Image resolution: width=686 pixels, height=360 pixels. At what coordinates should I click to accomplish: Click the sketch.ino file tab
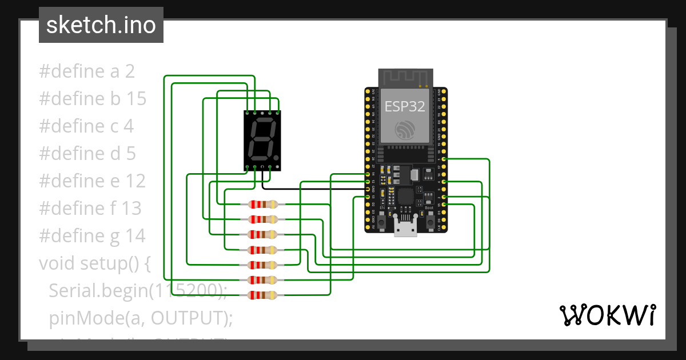pos(101,25)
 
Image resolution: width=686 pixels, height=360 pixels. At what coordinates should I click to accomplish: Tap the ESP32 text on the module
pos(405,106)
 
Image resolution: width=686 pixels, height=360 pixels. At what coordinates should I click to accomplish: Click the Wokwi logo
pos(607,315)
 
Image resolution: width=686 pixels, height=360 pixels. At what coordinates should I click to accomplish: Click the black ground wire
pos(309,189)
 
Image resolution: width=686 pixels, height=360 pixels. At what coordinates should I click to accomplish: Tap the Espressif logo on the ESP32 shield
pos(405,130)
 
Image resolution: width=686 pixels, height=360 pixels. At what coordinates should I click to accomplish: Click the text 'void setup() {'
pos(94,263)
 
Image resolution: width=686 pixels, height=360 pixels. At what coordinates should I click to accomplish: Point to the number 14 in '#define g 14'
pos(135,235)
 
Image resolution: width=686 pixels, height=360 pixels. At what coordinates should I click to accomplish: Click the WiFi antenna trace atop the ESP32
pos(405,78)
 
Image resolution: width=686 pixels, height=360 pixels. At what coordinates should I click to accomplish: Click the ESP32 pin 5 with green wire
pos(444,159)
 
